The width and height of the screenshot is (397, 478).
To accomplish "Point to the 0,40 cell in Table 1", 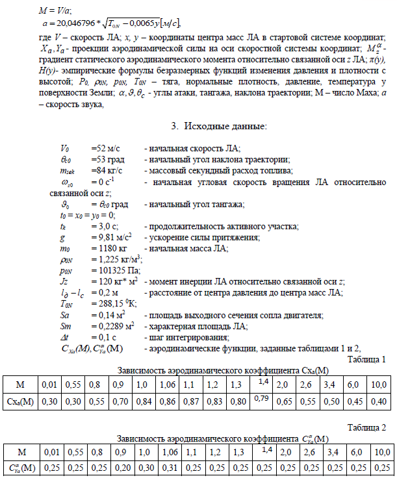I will [x=378, y=401].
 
